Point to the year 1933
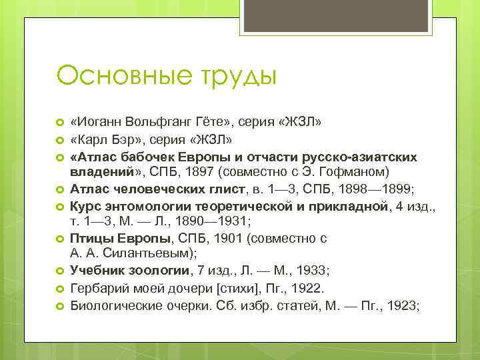pyautogui.click(x=309, y=270)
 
